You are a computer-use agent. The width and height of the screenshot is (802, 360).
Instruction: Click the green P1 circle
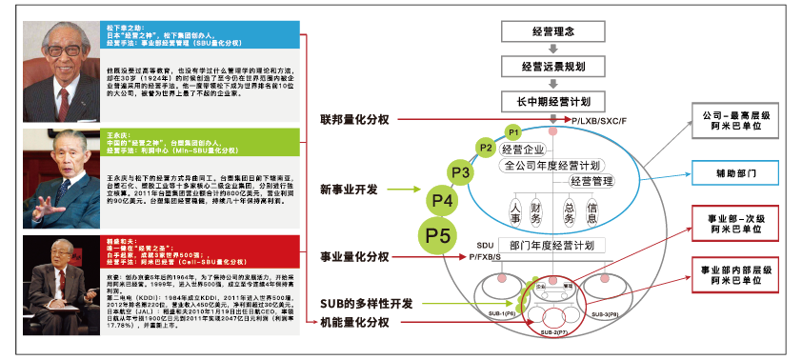tap(511, 130)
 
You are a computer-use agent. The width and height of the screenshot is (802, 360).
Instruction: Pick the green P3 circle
tap(462, 172)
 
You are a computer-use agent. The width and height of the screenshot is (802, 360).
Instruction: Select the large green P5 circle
tap(438, 234)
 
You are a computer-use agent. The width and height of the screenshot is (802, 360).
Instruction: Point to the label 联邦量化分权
tap(355, 121)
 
